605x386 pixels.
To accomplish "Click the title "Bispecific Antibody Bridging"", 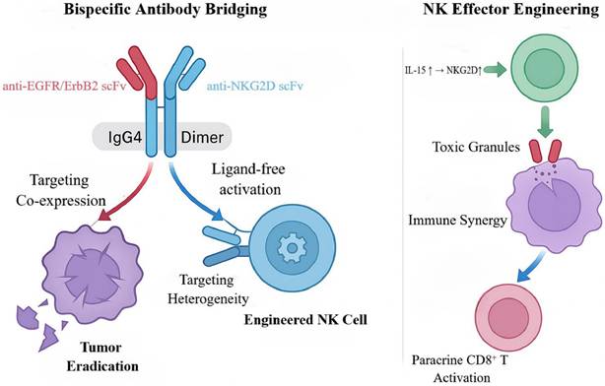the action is pos(166,9).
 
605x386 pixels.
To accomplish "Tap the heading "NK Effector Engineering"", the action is pos(511,9).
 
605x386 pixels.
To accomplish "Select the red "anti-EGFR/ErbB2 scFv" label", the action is pos(65,86).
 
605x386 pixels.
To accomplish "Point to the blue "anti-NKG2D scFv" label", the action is pos(254,86).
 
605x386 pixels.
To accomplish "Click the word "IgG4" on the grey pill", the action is pos(125,138).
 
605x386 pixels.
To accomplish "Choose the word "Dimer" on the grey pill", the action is pos(202,138).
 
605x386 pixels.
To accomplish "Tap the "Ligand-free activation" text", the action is pos(248,179).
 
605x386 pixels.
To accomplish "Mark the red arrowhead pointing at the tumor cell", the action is pos(105,216).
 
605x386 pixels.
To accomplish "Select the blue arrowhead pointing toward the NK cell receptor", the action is pos(218,215).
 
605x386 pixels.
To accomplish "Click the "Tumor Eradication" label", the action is pos(102,356).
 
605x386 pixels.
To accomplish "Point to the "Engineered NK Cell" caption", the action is pos(305,320).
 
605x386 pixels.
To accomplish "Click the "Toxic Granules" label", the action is pos(476,147).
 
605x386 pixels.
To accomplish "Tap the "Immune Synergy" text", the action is pos(457,221).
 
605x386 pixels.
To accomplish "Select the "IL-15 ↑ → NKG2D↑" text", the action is pos(443,71).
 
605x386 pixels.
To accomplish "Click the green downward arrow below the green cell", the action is pos(545,122).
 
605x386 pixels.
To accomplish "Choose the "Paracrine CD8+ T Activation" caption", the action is pos(461,368).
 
